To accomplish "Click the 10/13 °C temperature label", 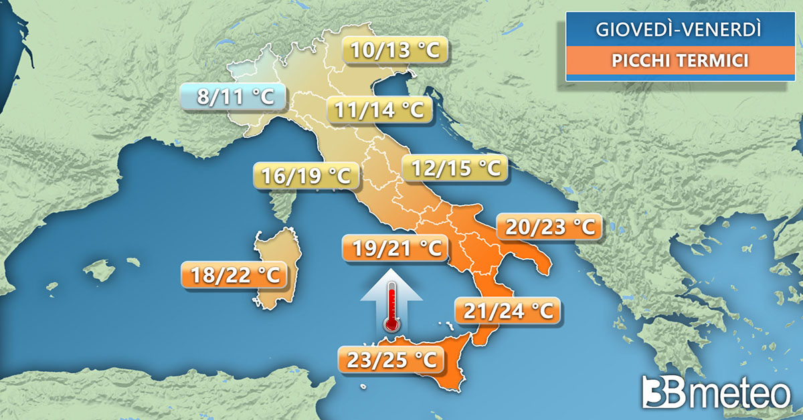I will pyautogui.click(x=395, y=51).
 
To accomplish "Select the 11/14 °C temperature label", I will pyautogui.click(x=379, y=109).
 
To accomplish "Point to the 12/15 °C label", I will pyautogui.click(x=454, y=168).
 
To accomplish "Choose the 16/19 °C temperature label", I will pyautogui.click(x=306, y=177).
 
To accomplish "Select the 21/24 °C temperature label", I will pyautogui.click(x=505, y=311).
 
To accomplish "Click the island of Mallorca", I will pyautogui.click(x=101, y=270).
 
